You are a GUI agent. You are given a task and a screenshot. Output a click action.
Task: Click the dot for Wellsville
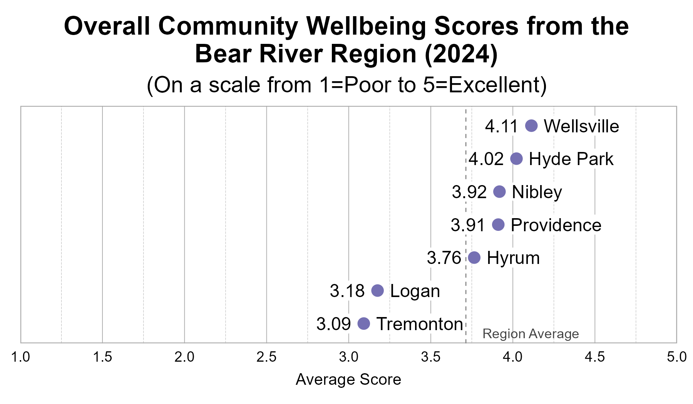pyautogui.click(x=531, y=126)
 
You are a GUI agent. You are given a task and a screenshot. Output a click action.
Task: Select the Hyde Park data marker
pyautogui.click(x=516, y=159)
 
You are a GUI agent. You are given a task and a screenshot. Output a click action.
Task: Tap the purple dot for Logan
pyautogui.click(x=378, y=290)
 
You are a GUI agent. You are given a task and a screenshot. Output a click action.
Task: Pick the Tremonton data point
pyautogui.click(x=363, y=324)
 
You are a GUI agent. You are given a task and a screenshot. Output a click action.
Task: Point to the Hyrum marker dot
pyautogui.click(x=474, y=258)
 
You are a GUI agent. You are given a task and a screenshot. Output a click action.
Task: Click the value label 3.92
pyautogui.click(x=469, y=192)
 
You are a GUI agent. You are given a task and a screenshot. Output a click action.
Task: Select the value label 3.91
pyautogui.click(x=468, y=225)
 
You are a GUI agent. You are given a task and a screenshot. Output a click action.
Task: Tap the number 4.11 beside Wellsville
pyautogui.click(x=502, y=126)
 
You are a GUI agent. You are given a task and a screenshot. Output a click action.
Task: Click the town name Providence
pyautogui.click(x=556, y=225)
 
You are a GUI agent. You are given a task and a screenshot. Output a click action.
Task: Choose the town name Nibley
pyautogui.click(x=537, y=192)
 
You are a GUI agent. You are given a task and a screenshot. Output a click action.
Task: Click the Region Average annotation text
pyautogui.click(x=531, y=334)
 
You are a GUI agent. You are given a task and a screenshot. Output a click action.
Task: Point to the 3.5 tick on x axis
pyautogui.click(x=431, y=357)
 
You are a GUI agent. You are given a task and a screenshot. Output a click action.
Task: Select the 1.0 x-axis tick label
pyautogui.click(x=20, y=357)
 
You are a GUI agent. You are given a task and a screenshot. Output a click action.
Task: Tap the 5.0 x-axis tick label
pyautogui.click(x=676, y=357)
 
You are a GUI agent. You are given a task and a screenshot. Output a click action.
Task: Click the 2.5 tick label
pyautogui.click(x=266, y=357)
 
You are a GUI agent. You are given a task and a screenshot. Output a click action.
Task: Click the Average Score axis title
pyautogui.click(x=348, y=380)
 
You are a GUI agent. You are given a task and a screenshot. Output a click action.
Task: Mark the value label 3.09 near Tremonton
pyautogui.click(x=333, y=324)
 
